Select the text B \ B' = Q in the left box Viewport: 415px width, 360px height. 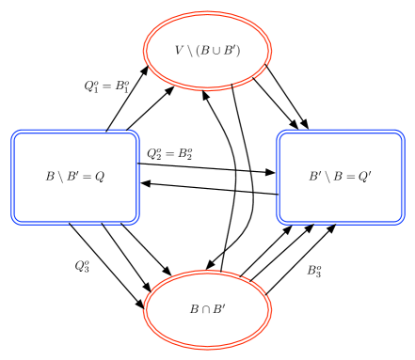[x=76, y=176]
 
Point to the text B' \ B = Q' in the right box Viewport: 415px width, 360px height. [x=340, y=176]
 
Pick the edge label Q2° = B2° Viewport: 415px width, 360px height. [x=170, y=152]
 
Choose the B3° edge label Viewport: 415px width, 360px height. [x=317, y=271]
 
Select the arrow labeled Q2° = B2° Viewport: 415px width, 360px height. [x=207, y=168]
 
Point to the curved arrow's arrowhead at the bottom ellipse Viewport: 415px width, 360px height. [x=211, y=268]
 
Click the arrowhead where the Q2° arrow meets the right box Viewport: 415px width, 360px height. [x=270, y=172]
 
